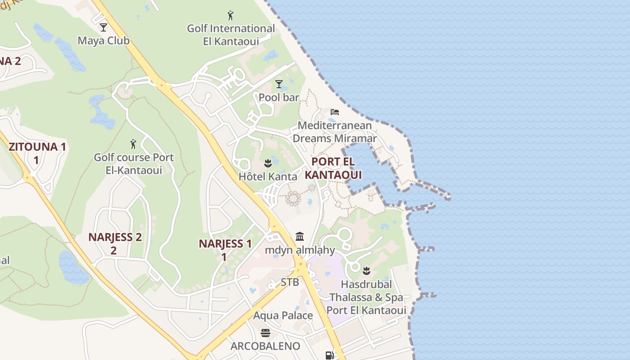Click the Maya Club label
pyautogui.click(x=103, y=40)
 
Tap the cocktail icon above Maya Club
pyautogui.click(x=103, y=27)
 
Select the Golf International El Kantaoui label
pyautogui.click(x=231, y=35)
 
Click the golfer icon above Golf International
pyautogui.click(x=231, y=16)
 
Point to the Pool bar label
pyautogui.click(x=279, y=97)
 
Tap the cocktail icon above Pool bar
pyautogui.click(x=279, y=84)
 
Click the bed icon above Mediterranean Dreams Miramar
pyautogui.click(x=335, y=112)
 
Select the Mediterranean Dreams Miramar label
pyautogui.click(x=335, y=132)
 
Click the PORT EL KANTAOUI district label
pyautogui.click(x=333, y=168)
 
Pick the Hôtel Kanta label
pyautogui.click(x=268, y=176)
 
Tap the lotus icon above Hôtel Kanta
pyautogui.click(x=268, y=163)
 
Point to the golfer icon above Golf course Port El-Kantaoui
pyautogui.click(x=133, y=144)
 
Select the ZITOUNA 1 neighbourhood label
pyautogui.click(x=37, y=153)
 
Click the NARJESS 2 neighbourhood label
pyautogui.click(x=115, y=243)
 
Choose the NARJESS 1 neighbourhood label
pyautogui.click(x=225, y=250)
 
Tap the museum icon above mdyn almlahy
pyautogui.click(x=300, y=237)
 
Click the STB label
pyautogui.click(x=290, y=282)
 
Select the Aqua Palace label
pyautogui.click(x=283, y=315)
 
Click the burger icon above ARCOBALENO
pyautogui.click(x=265, y=333)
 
